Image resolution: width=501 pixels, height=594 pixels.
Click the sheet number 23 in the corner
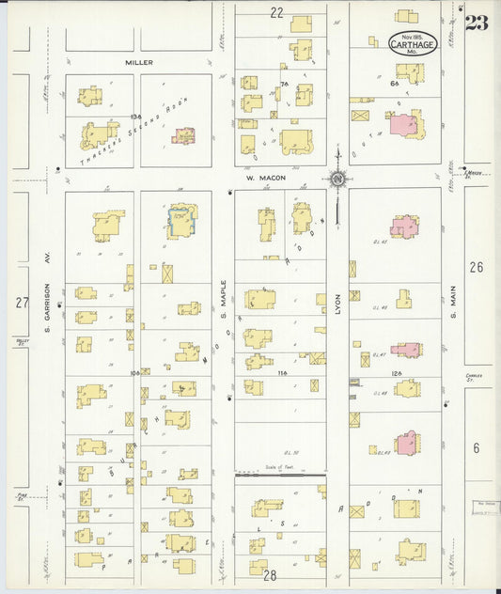pyautogui.click(x=477, y=23)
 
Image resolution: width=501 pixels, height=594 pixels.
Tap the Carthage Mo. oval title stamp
pyautogui.click(x=413, y=43)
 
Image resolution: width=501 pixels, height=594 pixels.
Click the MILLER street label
pyautogui.click(x=138, y=62)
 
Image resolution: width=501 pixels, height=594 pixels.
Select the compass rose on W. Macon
pyautogui.click(x=337, y=177)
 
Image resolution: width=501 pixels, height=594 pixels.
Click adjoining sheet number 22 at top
pyautogui.click(x=276, y=12)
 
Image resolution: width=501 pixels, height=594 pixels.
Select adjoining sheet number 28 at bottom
pyautogui.click(x=271, y=575)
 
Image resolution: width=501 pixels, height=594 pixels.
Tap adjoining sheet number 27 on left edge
pyautogui.click(x=22, y=302)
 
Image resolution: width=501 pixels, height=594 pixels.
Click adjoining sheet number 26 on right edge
pyautogui.click(x=477, y=268)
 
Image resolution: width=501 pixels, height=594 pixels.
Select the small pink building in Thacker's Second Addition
pyautogui.click(x=183, y=136)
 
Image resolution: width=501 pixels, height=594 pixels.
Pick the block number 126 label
pyautogui.click(x=397, y=373)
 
